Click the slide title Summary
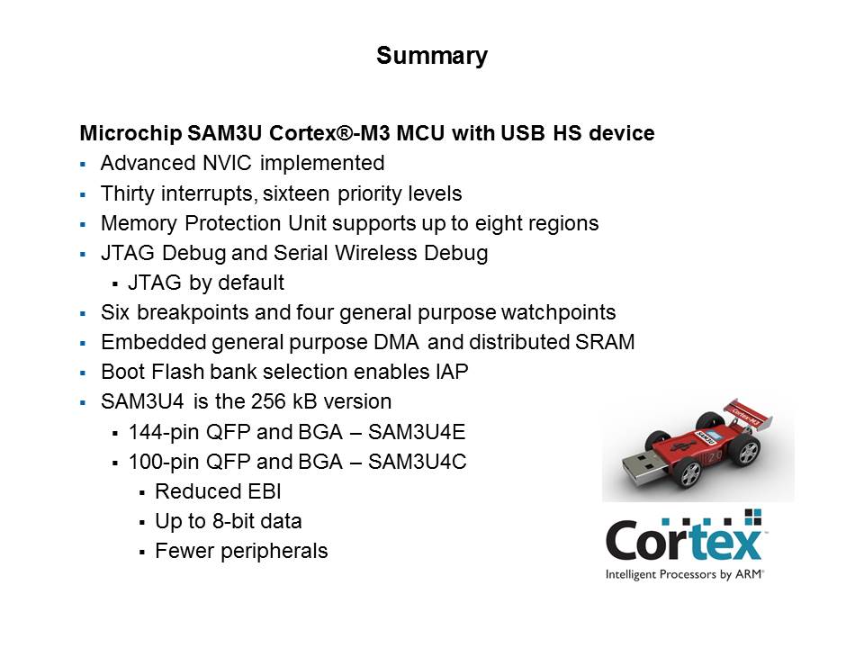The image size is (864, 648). pos(432,56)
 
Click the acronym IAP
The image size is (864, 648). pos(450,372)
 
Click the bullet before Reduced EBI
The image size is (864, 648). pos(143,492)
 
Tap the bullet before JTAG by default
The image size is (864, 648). pos(115,284)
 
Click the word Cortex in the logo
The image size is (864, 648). pos(684,541)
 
